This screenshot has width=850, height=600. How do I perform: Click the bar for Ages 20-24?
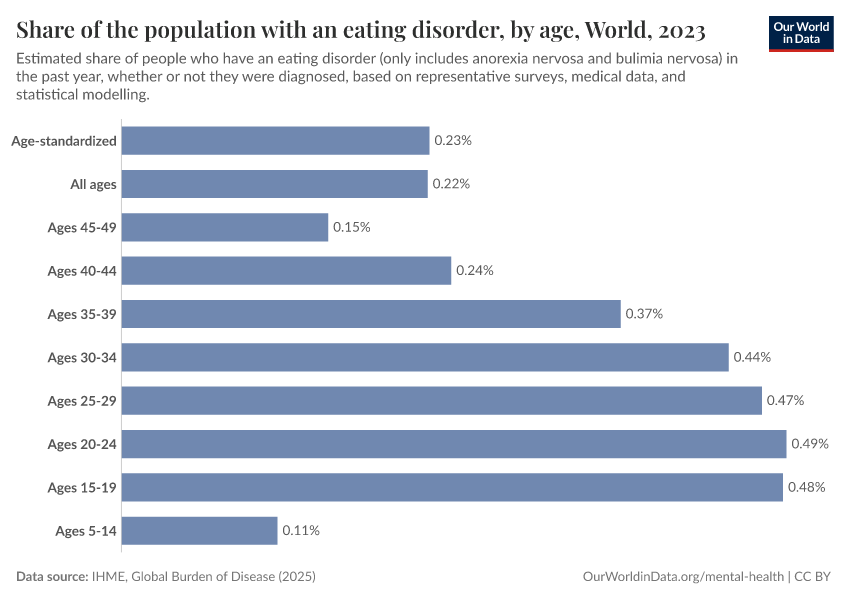454,444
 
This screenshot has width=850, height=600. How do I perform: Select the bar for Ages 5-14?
199,531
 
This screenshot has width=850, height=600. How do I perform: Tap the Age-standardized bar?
275,141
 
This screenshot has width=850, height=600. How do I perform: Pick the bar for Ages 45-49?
225,227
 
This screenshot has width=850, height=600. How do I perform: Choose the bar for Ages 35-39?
371,314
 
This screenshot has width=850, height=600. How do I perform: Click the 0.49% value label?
810,444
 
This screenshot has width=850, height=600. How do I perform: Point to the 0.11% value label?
301,531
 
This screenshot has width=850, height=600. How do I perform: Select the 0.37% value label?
644,314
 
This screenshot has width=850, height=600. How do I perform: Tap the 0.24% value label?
475,271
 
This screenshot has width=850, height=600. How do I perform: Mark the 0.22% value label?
451,184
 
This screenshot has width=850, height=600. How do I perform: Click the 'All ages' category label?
93,184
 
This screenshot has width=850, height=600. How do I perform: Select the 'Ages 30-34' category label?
82,357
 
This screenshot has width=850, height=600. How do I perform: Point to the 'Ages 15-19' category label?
82,487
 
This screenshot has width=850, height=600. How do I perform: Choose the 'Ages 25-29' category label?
82,401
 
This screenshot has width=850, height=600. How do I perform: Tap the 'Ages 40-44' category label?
82,271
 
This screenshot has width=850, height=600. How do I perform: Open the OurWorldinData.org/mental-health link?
683,577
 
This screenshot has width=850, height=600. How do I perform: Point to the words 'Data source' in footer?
51,577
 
